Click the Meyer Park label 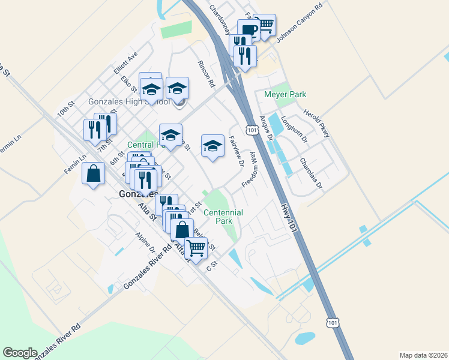point(285,94)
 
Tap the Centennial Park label point(223,217)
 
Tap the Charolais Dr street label point(312,173)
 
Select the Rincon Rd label point(206,73)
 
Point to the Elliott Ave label point(125,62)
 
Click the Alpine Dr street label point(145,242)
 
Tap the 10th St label point(65,109)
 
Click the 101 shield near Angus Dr point(252,130)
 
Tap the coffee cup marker point(249,30)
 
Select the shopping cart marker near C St point(196,247)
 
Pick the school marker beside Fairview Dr point(212,145)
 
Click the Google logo point(20,353)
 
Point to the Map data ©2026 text point(423,355)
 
